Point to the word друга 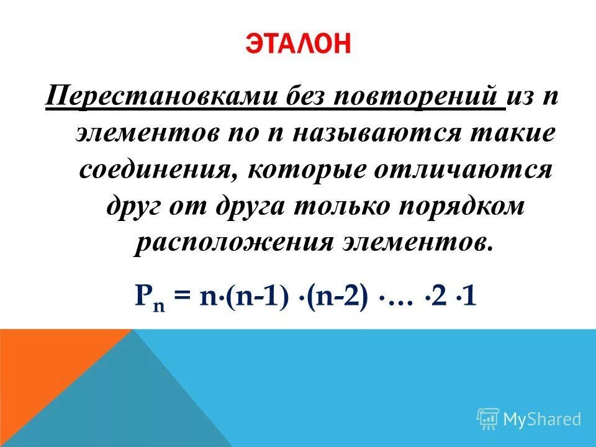[x=254, y=206]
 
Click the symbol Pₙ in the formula [x=147, y=297]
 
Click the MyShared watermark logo [x=529, y=419]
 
